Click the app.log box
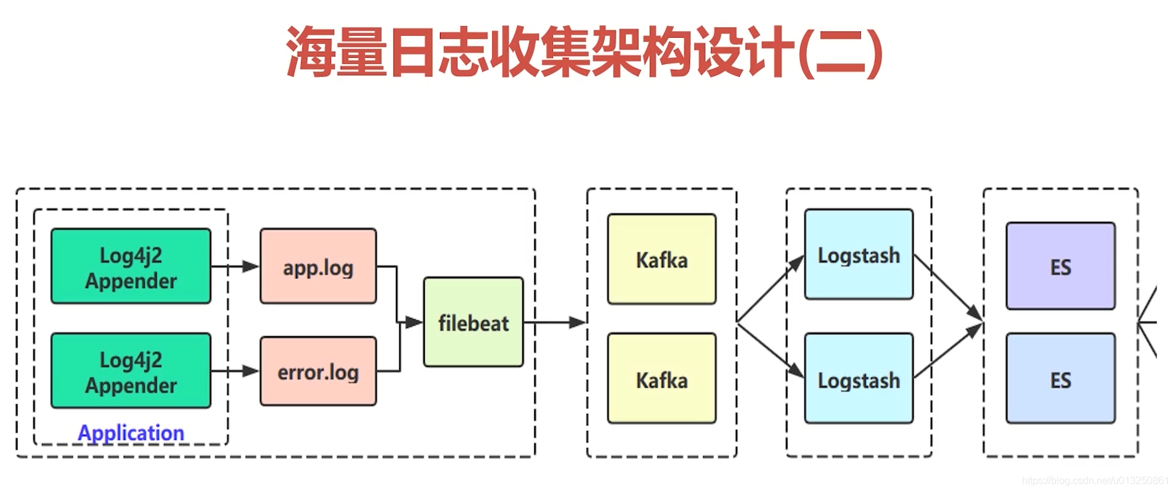click(x=318, y=266)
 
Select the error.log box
click(x=318, y=371)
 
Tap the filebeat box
click(x=473, y=322)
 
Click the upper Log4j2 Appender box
click(x=131, y=266)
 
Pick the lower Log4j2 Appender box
click(x=131, y=371)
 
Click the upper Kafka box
click(x=661, y=259)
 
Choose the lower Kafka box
click(x=661, y=379)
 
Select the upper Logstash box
click(x=859, y=254)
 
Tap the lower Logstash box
click(x=859, y=379)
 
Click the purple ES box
click(x=1060, y=266)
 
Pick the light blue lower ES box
click(x=1060, y=379)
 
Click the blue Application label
click(x=131, y=432)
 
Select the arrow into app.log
click(x=236, y=266)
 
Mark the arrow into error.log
click(x=236, y=371)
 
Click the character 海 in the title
click(x=310, y=52)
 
